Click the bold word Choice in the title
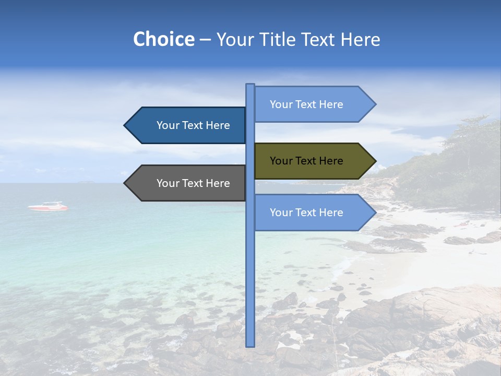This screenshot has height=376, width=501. [163, 40]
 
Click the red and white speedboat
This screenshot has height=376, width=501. [47, 207]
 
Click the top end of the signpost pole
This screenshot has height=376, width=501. [250, 85]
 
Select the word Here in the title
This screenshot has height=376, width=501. [360, 40]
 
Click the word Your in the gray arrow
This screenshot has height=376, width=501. [168, 183]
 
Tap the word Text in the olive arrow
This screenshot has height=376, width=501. [306, 161]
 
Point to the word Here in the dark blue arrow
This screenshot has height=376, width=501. [218, 125]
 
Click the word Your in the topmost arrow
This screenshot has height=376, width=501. [281, 104]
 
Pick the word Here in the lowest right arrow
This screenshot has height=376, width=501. [331, 213]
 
